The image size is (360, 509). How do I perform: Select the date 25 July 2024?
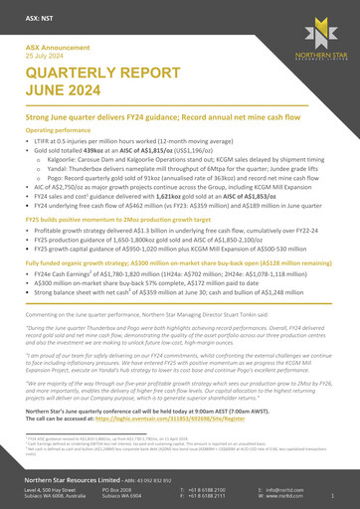coord(44,54)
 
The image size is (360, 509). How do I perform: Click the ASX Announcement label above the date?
coord(54,47)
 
